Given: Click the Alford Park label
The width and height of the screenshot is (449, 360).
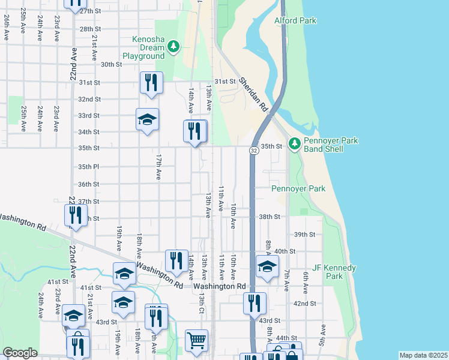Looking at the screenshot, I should (x=295, y=21).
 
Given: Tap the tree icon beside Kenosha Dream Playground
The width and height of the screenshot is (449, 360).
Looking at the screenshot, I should (x=173, y=46).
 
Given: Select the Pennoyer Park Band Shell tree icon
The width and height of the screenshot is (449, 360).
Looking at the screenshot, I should (x=294, y=143).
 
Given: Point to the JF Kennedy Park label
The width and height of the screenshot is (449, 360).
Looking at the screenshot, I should (x=335, y=272).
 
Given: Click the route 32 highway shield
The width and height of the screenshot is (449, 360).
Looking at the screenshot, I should (x=254, y=151).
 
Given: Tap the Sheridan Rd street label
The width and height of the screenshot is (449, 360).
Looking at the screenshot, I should (x=252, y=94).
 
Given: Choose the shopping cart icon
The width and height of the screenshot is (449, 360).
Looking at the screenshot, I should (x=196, y=341).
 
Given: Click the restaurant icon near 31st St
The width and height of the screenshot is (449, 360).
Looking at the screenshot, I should (x=151, y=83).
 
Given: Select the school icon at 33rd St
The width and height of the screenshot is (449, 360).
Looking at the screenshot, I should (x=147, y=120).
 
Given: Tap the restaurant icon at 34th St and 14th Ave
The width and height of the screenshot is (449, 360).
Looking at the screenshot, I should (x=194, y=131).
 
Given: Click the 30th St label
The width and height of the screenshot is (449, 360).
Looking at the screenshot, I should (x=111, y=65).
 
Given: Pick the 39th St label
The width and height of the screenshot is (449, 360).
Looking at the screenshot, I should (x=304, y=235).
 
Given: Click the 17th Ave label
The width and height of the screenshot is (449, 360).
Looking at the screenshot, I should (x=158, y=167).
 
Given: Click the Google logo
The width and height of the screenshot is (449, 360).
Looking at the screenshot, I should (x=20, y=353).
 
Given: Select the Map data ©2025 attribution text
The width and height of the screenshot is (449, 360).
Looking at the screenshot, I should (x=423, y=355).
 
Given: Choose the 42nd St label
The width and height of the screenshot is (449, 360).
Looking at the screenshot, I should (x=304, y=304).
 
